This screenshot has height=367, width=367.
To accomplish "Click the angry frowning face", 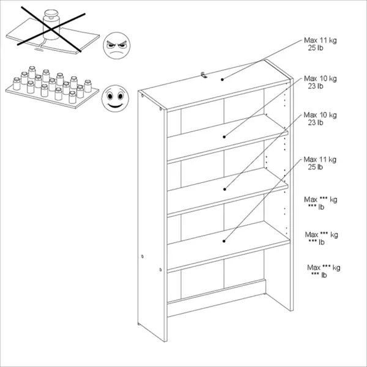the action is coord(117,45).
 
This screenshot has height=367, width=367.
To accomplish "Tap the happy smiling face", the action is coord(115,98).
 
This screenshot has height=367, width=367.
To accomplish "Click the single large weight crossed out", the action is coord(51,24).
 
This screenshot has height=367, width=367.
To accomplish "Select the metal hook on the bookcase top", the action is coord(204,75).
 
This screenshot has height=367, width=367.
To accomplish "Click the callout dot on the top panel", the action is coord(223,80).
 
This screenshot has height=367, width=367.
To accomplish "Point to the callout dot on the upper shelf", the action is coord(224,137).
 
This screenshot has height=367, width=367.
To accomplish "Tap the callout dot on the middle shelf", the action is coord(224,189).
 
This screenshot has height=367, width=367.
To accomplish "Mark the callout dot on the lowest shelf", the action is coord(224,241).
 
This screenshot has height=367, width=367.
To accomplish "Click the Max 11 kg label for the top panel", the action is coord(320,40).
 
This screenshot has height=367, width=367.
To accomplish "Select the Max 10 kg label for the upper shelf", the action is coord(320,79).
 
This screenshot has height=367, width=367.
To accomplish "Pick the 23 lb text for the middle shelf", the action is coord(316,122).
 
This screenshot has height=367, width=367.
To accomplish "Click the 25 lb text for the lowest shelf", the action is coord(316,167).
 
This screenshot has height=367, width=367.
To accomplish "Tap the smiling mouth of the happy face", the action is coord(115,105).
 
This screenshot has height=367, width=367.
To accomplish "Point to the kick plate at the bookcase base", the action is coord(217,298).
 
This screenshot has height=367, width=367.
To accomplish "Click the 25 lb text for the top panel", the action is coord(316,48).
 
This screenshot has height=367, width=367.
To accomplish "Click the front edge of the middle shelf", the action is coord(228,201).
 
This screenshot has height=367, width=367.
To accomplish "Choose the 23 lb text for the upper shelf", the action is coord(316,86).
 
